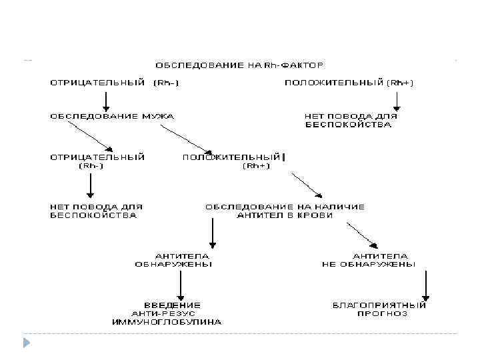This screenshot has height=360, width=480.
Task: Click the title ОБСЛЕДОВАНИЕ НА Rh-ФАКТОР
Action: point(240,65)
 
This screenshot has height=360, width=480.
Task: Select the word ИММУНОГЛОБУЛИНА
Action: point(167,321)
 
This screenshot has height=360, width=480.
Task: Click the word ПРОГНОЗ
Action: point(382,313)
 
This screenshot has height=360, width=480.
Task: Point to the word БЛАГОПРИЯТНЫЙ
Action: point(379,305)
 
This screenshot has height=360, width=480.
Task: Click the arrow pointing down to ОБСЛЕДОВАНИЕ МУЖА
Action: point(104,100)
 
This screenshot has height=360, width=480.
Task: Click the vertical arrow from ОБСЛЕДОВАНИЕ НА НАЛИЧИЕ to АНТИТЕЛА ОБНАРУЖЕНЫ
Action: point(212,233)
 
